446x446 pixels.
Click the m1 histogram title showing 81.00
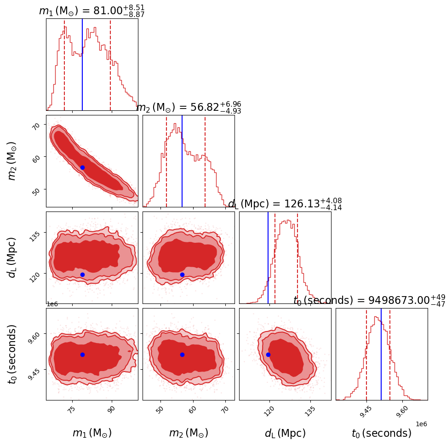pos(92,11)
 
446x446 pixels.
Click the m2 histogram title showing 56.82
pos(189,107)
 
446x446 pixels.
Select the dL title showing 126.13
pos(285,204)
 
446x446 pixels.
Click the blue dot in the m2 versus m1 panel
pos(82,167)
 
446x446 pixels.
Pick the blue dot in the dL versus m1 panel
pos(82,274)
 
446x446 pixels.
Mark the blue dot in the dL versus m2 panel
pos(182,274)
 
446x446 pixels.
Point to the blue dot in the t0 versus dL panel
pos(268,355)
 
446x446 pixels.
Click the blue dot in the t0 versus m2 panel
pos(182,355)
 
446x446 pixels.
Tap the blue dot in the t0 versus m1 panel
pos(82,355)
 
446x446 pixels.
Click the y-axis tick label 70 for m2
pos(37,125)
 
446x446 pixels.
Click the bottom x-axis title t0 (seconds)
pos(381,433)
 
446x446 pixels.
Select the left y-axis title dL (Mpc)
pos(12,257)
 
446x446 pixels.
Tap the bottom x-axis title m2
pos(189,433)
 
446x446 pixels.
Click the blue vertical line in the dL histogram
pos(268,257)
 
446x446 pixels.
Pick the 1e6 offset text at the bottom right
pos(421,424)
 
